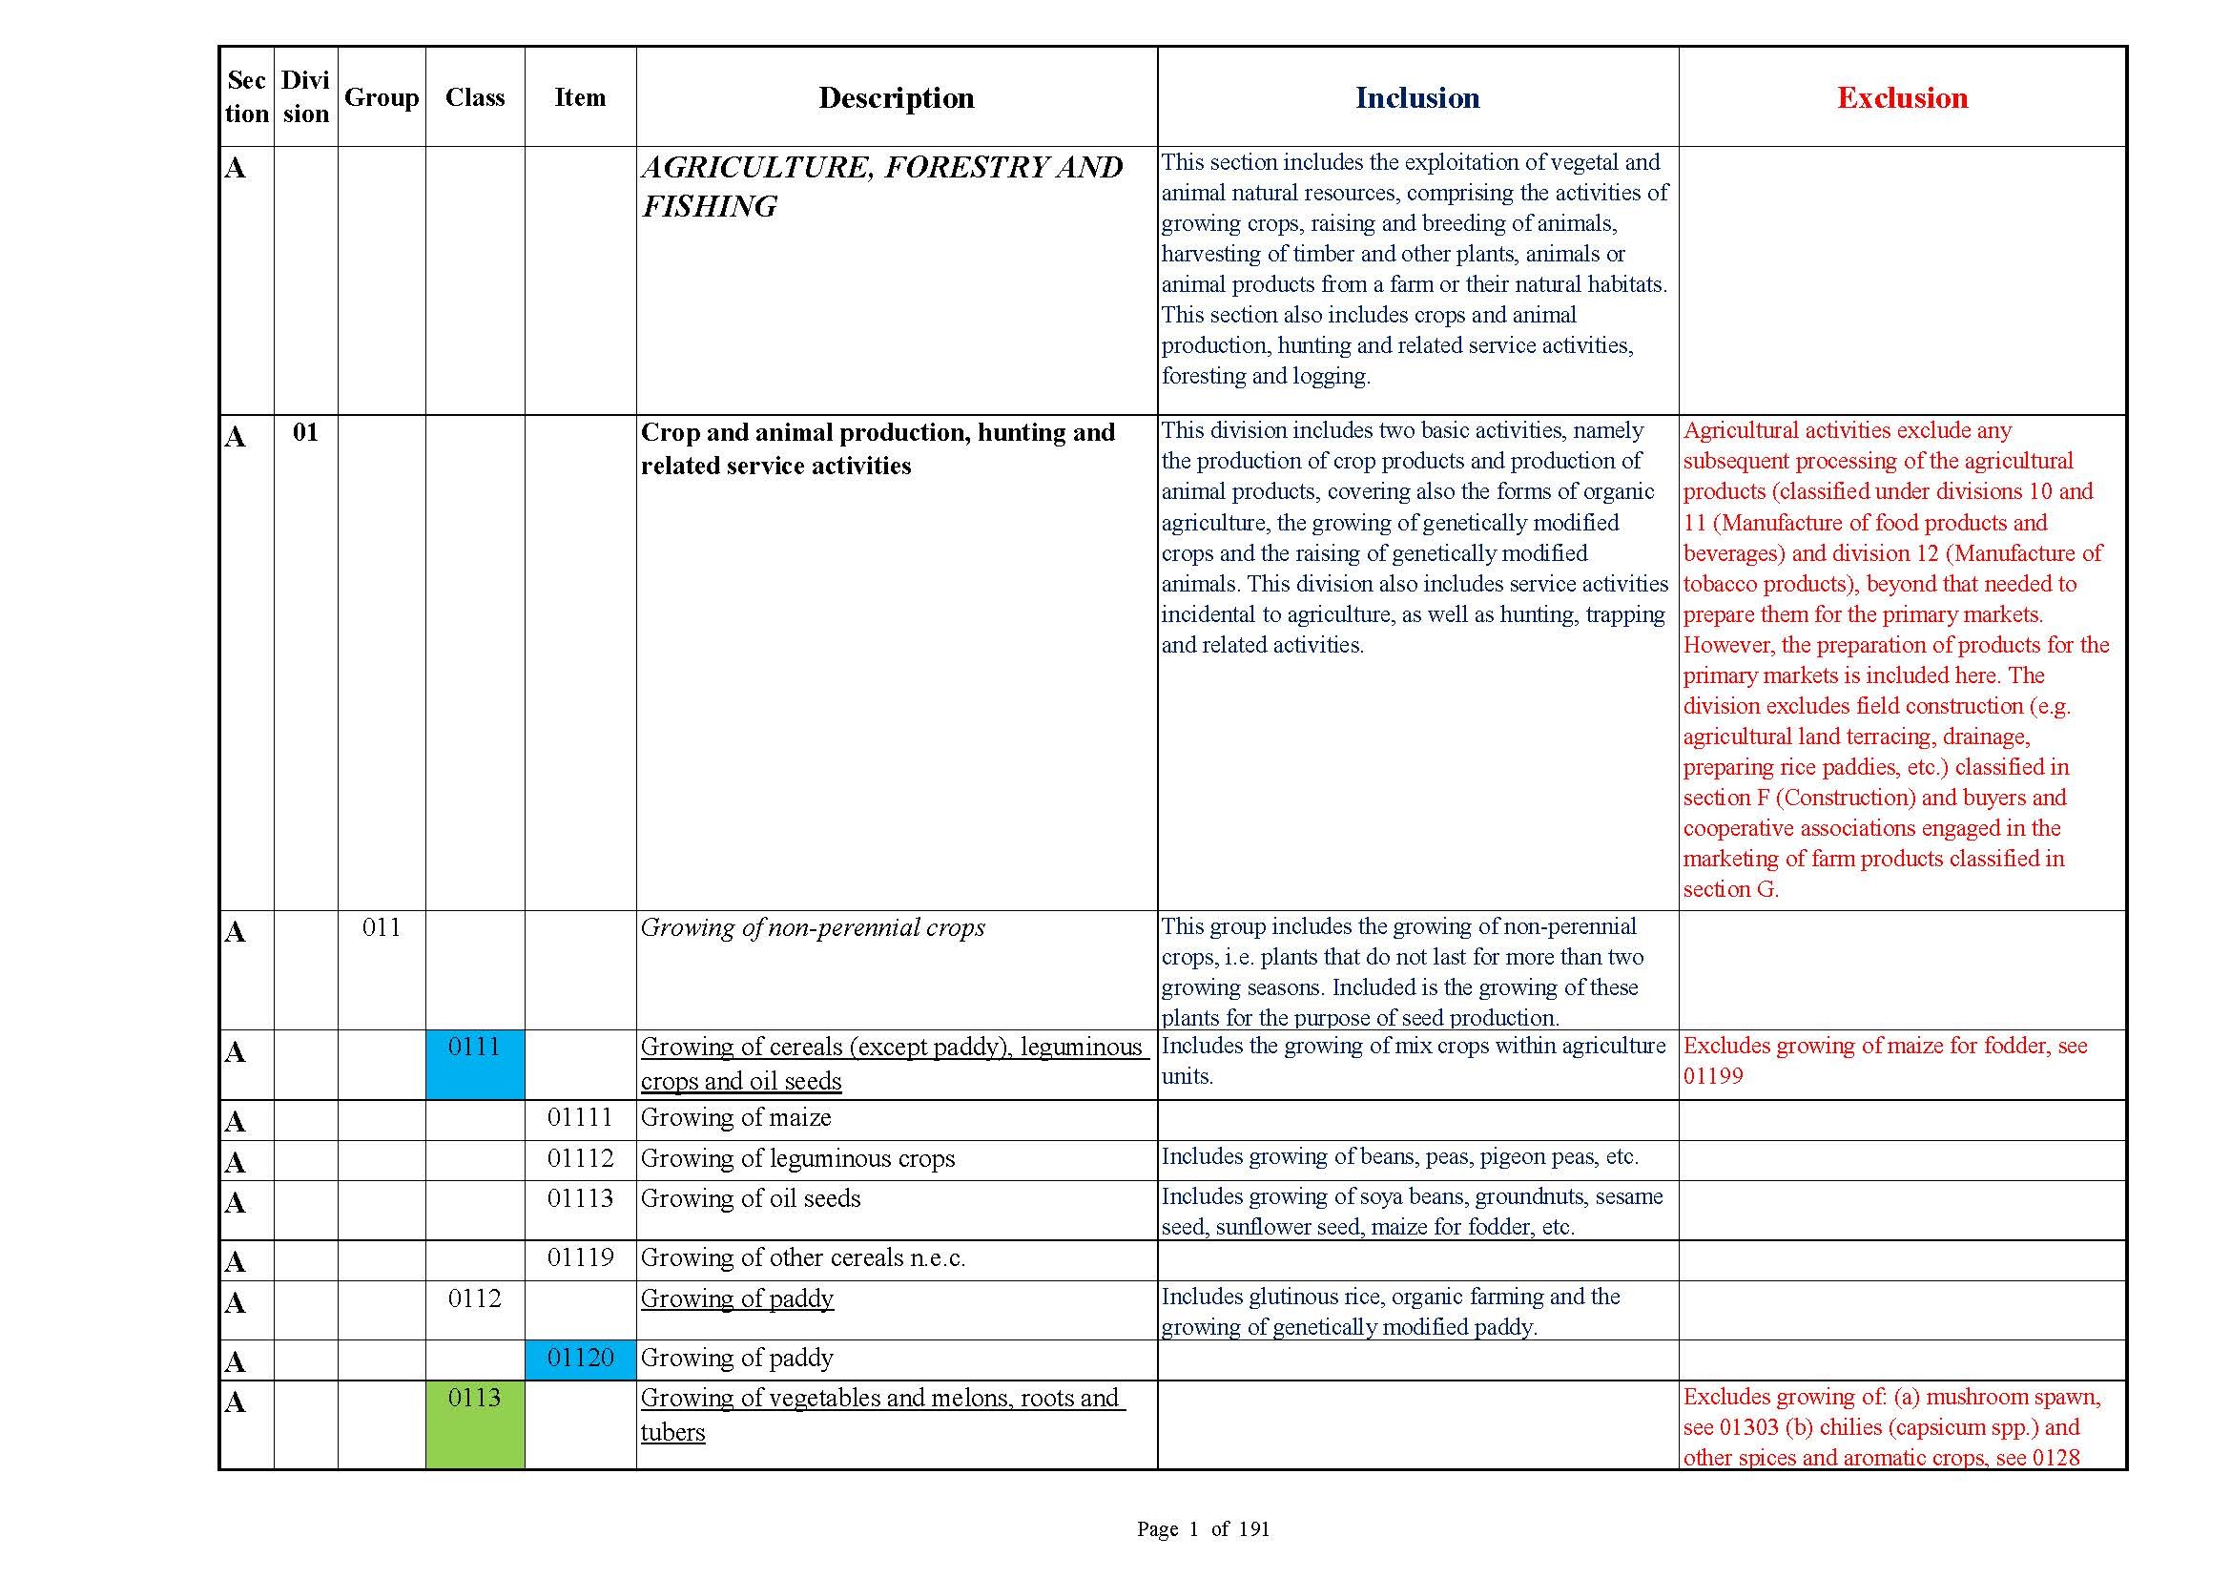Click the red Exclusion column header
1902,98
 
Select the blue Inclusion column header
1416,98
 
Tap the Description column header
896,98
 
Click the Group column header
381,98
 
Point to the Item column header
580,98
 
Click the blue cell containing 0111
474,1064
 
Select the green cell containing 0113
474,1423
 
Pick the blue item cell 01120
580,1359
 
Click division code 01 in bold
305,432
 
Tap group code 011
381,928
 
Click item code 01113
580,1199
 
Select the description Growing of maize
735,1118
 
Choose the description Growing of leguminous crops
797,1159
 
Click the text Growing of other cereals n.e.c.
802,1258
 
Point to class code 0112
474,1299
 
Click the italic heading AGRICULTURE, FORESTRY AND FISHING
881,187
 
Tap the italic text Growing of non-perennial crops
813,928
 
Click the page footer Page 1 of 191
1203,1529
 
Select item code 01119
580,1258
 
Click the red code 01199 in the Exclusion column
1713,1076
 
